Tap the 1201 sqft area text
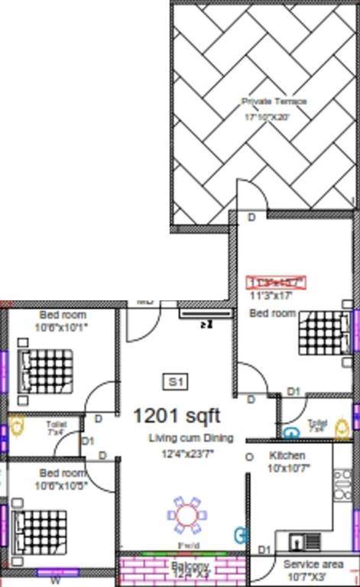point(176,416)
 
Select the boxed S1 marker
point(175,381)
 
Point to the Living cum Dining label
point(190,438)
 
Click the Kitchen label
point(287,456)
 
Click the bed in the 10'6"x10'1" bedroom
point(44,371)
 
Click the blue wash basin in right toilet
point(290,433)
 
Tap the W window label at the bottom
point(54,580)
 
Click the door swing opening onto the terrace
point(251,196)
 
